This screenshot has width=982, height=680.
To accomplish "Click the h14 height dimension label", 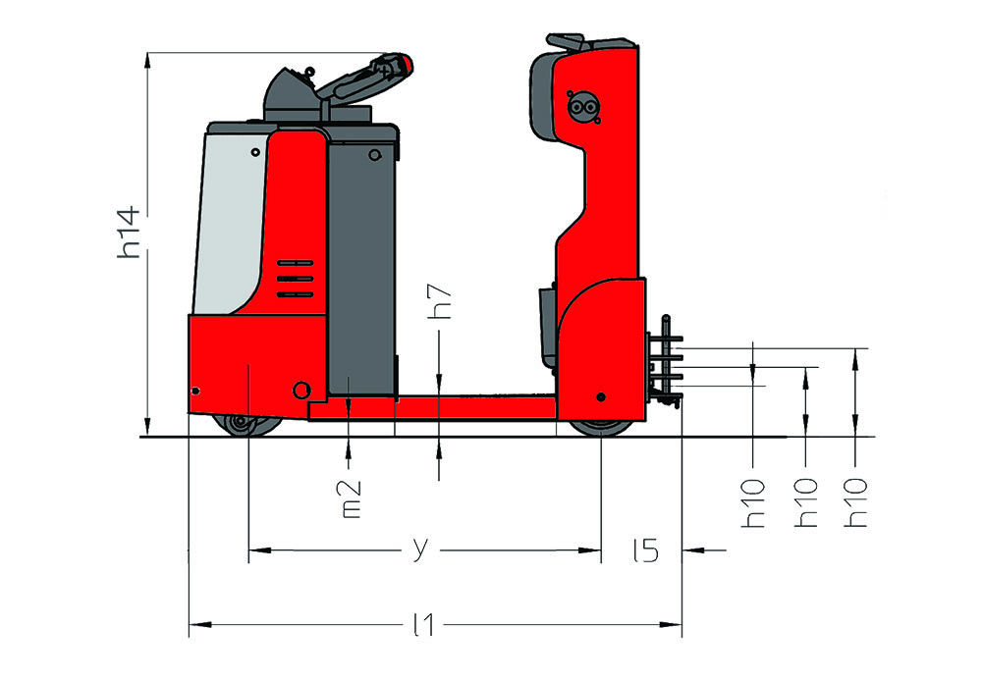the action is (129, 233).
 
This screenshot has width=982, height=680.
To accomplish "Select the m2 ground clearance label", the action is (352, 499).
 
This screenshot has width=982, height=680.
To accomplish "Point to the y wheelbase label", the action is (421, 549).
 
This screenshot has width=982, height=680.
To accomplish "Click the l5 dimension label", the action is (646, 549).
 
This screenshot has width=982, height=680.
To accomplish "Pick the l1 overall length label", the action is (424, 624).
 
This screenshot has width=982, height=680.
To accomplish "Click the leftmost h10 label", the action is (753, 503).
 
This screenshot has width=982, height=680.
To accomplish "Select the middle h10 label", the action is (806, 503).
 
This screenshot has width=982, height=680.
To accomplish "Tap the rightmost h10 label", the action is (855, 503).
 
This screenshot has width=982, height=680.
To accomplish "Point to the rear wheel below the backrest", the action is (601, 428).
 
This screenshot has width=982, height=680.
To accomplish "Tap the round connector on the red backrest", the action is (582, 108).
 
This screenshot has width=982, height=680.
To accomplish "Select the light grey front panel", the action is (231, 222).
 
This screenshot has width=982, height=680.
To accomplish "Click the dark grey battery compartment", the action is (361, 269).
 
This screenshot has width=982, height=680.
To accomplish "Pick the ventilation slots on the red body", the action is (295, 279).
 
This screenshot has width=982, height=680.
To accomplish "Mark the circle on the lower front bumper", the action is (301, 391).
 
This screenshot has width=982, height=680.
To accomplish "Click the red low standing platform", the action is (432, 407).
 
